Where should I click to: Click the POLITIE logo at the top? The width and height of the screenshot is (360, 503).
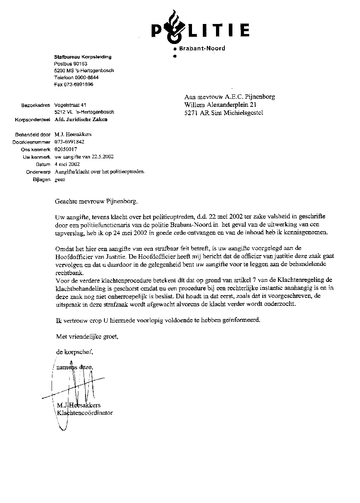(200, 30)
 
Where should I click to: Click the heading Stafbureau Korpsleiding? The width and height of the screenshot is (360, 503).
(83, 57)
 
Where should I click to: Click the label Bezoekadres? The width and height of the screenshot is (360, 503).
(36, 105)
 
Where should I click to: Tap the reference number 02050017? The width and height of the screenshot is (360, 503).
(66, 149)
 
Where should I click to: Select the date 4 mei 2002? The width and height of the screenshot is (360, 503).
(67, 164)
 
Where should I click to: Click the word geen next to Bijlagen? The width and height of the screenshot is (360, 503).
(60, 180)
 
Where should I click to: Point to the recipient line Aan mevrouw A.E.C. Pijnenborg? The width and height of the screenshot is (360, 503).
(230, 97)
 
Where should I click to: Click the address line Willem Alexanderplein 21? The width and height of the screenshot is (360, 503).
(220, 105)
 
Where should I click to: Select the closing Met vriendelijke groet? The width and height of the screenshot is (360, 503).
(87, 337)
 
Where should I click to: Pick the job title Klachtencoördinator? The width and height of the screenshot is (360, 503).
(85, 413)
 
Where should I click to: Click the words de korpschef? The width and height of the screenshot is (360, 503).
(75, 352)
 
